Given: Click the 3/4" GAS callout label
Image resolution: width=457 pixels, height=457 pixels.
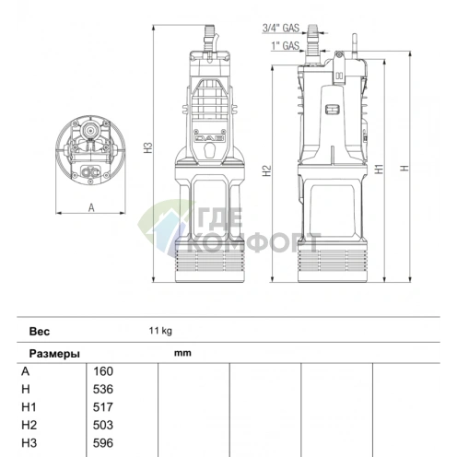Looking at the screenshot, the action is coord(281,28).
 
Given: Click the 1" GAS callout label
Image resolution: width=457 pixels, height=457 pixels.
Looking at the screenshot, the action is coord(285,46).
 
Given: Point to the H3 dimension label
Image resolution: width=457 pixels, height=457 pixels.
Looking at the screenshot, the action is coord(149,147).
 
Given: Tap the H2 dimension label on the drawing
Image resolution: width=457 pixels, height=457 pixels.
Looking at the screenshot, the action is coord(267,170).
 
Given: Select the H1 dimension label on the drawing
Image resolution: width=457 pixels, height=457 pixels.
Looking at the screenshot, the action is coord(380,169).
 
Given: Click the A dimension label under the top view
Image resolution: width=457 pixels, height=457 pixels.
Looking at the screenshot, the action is coord(91,208).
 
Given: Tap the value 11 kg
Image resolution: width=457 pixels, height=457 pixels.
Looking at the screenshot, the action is coord(160,331).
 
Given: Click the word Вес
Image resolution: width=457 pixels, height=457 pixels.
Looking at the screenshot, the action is coord(40,332).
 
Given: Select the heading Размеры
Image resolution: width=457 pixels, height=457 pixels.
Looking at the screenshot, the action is coord(54,354).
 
